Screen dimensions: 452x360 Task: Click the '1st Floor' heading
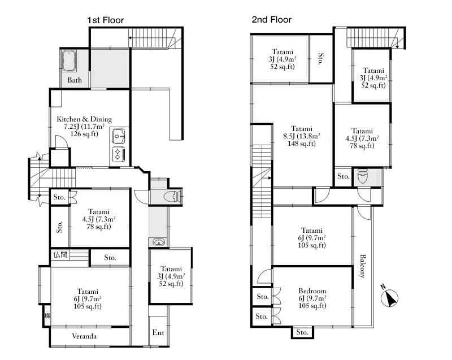pos(106,20)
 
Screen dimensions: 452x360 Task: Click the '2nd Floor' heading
pos(272,20)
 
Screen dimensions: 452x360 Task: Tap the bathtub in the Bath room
pos(69,61)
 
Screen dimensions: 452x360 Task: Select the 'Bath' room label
pos(75,80)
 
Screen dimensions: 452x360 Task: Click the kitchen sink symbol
pos(119,136)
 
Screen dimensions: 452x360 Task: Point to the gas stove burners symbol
pos(118,154)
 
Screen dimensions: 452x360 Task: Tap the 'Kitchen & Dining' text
pos(84,119)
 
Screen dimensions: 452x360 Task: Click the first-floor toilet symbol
pos(172,197)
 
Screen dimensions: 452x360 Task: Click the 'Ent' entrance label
pos(158,333)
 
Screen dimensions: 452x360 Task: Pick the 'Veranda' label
pos(84,336)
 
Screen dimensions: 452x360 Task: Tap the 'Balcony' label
pos(362,266)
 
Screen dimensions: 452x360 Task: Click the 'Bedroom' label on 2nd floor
pos(312,291)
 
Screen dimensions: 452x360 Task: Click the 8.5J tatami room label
pos(302,136)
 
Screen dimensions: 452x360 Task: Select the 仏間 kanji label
pos(60,255)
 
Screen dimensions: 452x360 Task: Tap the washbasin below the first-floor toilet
pos(157,242)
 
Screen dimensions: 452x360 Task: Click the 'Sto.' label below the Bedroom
pos(302,332)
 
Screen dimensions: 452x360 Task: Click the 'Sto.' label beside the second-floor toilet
pos(344,176)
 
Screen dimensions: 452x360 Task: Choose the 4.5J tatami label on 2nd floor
pos(362,138)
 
